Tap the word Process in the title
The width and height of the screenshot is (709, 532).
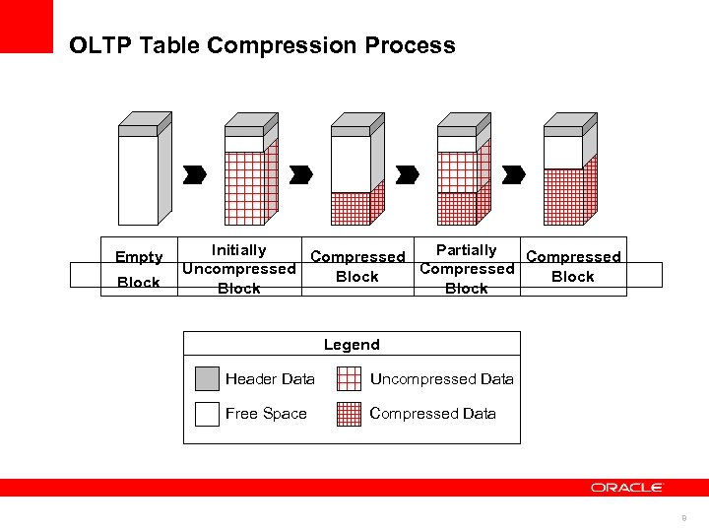pyautogui.click(x=415, y=45)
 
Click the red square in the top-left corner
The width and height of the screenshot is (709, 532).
pyautogui.click(x=27, y=27)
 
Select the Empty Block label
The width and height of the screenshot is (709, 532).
pyautogui.click(x=139, y=269)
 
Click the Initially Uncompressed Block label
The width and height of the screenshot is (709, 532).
pyautogui.click(x=238, y=269)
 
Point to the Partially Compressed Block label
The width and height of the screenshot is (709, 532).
pyautogui.click(x=467, y=269)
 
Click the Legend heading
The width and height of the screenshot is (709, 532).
pyautogui.click(x=352, y=344)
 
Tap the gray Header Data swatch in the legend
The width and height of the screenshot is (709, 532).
pyautogui.click(x=207, y=379)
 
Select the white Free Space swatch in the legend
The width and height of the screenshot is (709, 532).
pyautogui.click(x=207, y=414)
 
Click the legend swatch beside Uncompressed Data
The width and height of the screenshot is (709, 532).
pyautogui.click(x=349, y=379)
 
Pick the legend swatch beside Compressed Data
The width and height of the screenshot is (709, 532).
pyautogui.click(x=349, y=414)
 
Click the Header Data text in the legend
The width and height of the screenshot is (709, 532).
pyautogui.click(x=270, y=379)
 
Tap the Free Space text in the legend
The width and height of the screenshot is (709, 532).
pyautogui.click(x=266, y=414)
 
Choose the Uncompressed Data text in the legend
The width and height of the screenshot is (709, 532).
pyautogui.click(x=441, y=379)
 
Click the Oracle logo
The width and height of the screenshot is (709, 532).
pyautogui.click(x=627, y=488)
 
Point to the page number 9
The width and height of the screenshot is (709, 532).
pyautogui.click(x=683, y=518)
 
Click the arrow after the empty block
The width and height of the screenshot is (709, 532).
pyautogui.click(x=195, y=174)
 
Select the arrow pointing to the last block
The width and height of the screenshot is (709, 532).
pyautogui.click(x=513, y=174)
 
